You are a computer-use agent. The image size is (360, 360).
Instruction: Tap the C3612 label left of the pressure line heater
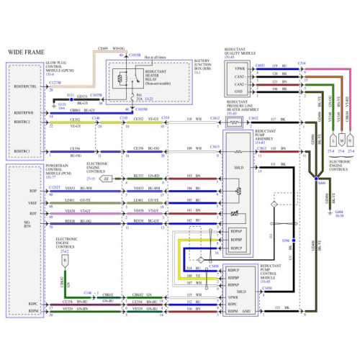click(x=215, y=117)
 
